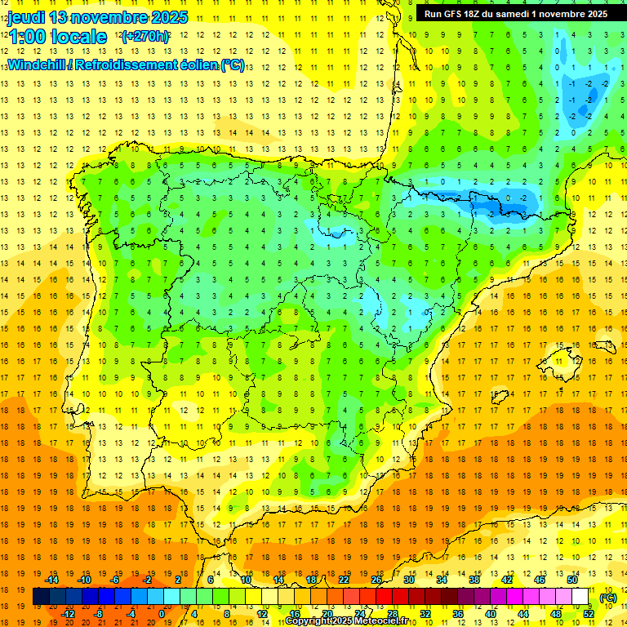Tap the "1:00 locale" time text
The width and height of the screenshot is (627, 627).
[57, 37]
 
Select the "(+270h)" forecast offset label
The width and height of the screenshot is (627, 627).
[145, 37]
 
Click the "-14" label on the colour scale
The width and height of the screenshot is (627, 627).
[51, 580]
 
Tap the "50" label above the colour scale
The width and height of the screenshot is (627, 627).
[571, 580]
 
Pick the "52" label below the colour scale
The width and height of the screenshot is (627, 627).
[589, 613]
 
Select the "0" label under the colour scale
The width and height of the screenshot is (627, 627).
[161, 613]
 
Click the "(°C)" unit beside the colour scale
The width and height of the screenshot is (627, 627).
[608, 598]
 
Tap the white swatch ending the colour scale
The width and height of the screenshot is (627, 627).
[580, 597]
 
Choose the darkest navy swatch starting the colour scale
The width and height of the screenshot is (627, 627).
[41, 597]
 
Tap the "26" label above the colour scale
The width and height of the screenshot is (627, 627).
[376, 580]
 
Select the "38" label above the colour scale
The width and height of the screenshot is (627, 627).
[474, 580]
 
